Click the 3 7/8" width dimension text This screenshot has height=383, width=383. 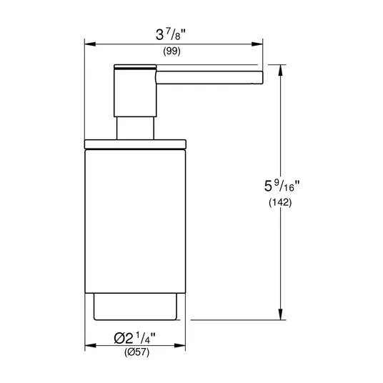tap(171, 34)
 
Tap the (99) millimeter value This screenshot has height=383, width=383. tap(171, 51)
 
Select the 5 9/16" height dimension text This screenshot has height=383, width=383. tap(282, 186)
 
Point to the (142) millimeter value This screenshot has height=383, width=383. tap(280, 202)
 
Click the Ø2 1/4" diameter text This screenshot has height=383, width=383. tap(134, 338)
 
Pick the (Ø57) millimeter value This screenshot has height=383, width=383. tap(136, 352)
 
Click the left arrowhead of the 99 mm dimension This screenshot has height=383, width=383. tap(90, 44)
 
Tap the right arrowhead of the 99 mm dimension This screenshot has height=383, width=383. tap(257, 44)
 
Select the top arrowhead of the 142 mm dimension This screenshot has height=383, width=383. tap(280, 70)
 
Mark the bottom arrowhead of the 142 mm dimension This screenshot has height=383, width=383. tap(280, 314)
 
